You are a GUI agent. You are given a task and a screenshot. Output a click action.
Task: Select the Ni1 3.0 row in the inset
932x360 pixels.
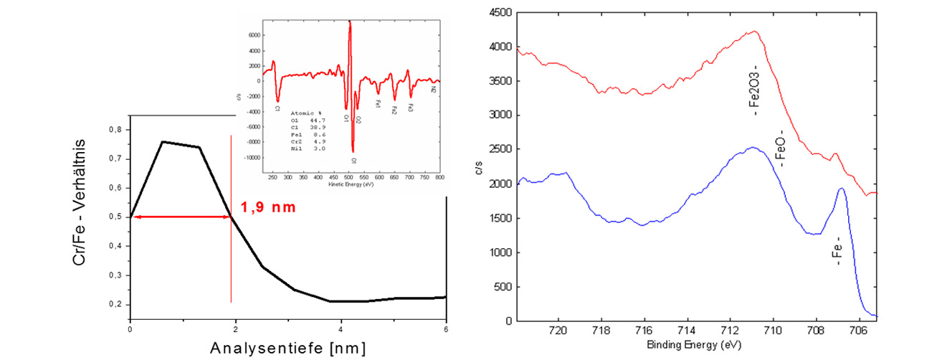(306, 148)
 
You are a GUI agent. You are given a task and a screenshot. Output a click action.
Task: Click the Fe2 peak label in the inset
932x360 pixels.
(394, 110)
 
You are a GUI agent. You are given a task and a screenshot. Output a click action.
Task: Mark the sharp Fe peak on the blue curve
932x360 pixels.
(841, 189)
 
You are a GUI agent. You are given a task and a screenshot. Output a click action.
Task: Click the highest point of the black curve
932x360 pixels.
(163, 142)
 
